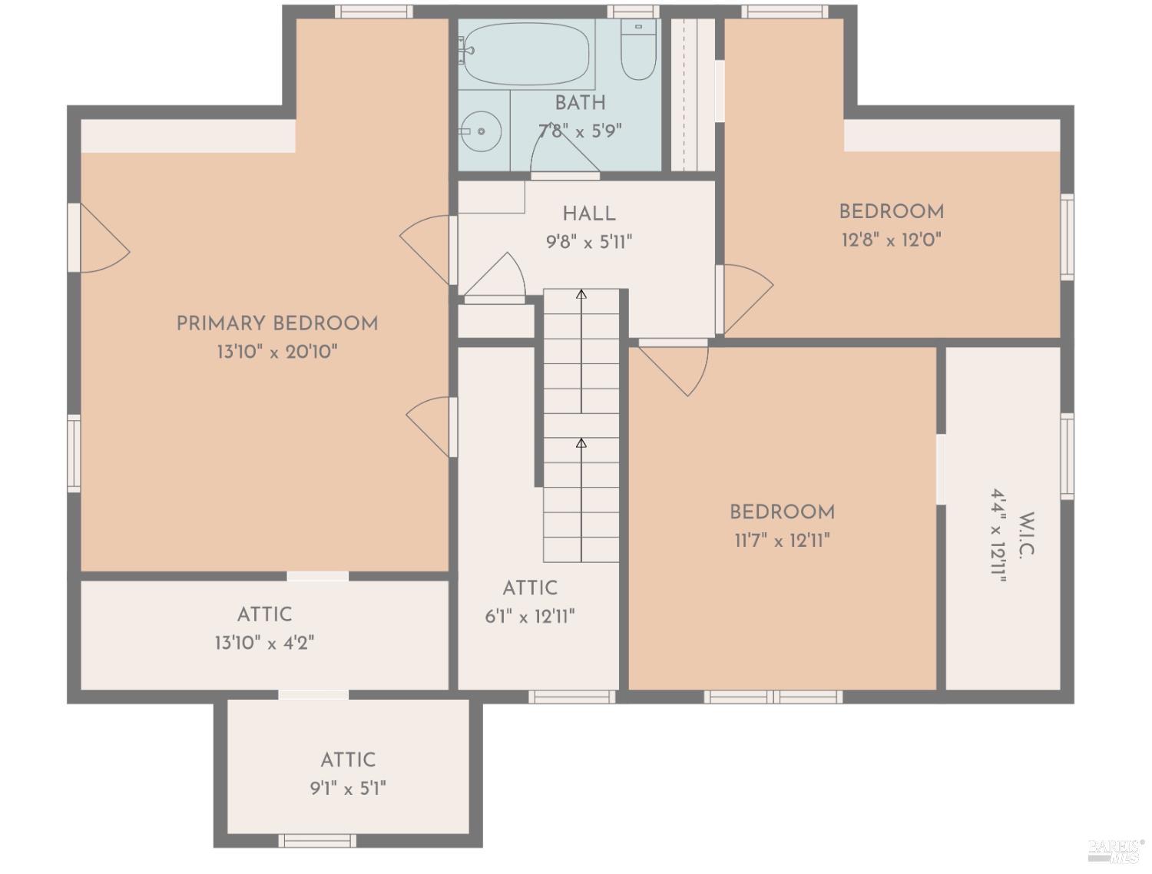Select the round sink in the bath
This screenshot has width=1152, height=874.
482,131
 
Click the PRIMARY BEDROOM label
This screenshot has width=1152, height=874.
277,323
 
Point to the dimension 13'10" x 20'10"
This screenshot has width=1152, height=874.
277,353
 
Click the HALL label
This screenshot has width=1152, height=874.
589,214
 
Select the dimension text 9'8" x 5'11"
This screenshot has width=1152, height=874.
589,243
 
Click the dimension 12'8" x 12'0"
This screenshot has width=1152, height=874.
891,240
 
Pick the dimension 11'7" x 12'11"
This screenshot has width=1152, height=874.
782,541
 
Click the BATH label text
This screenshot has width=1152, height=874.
580,103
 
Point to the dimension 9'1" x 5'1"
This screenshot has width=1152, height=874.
348,789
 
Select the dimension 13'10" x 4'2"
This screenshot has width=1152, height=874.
264,643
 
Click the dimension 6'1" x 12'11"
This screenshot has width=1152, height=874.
530,617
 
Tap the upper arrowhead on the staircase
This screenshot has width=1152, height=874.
581,294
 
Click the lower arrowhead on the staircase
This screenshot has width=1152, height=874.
581,443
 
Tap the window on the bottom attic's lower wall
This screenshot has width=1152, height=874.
317,840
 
